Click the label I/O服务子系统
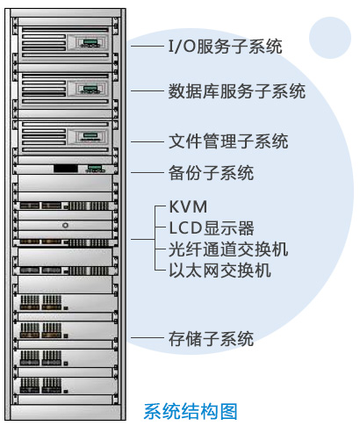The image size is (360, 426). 226,47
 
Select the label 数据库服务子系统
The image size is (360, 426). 237,91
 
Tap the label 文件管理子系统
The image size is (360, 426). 228,141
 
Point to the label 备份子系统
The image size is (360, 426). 211,173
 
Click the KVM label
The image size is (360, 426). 189,207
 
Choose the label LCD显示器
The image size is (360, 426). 212,228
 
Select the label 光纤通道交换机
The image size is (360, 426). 228,249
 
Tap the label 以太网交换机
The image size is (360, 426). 220,271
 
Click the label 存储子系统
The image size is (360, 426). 211,339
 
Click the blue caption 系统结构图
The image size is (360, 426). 191,411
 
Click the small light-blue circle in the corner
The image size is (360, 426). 330,38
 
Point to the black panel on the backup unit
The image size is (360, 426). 66,169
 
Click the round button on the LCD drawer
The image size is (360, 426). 65,225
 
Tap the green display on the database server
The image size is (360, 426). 90,88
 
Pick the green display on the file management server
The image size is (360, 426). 90,135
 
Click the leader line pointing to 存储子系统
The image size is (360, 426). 148,338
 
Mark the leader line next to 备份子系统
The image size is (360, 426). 148,172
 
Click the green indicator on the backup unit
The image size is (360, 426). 95,168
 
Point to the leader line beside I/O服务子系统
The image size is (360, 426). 148,46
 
